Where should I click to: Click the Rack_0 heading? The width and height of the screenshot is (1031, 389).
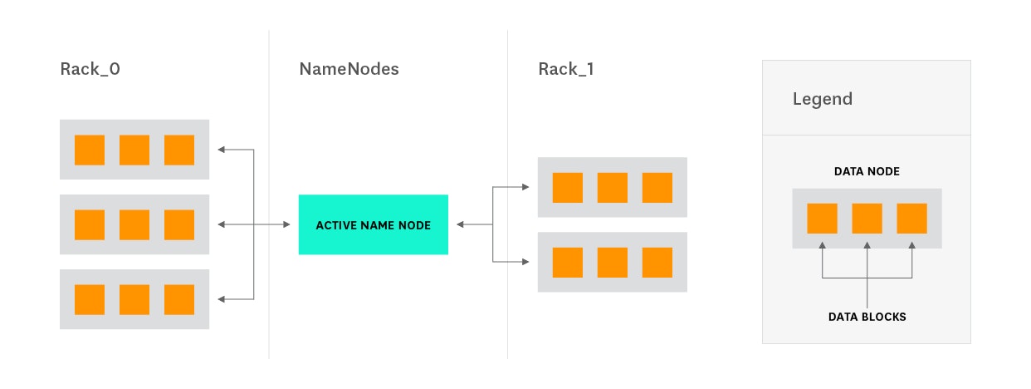(90, 69)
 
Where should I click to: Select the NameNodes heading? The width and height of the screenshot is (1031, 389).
(349, 69)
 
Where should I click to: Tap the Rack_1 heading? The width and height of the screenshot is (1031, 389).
(565, 69)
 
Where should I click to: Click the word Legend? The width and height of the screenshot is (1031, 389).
(822, 99)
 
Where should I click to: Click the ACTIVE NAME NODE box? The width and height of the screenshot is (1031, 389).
(373, 224)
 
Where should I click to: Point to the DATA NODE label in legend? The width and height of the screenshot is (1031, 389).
(866, 171)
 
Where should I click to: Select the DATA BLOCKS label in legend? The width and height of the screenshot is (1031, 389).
(866, 317)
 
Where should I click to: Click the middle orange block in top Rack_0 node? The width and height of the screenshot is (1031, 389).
(134, 150)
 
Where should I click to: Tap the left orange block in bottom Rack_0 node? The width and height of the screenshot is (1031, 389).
(90, 299)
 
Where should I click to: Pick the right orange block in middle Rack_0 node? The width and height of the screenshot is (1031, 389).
(179, 224)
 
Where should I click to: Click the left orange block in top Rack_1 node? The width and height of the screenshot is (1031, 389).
(568, 187)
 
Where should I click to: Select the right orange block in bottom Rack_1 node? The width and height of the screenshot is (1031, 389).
(657, 262)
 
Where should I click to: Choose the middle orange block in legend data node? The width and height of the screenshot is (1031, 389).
(867, 218)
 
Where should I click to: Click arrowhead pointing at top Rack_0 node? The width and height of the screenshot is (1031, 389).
(221, 150)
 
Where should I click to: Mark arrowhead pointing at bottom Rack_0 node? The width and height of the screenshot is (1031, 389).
(221, 299)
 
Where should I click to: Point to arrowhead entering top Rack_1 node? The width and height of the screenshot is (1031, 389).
(525, 187)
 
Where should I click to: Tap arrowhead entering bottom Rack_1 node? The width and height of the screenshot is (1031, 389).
(525, 262)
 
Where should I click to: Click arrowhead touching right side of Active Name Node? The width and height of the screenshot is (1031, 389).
(460, 224)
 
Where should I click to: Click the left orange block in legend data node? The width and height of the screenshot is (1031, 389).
(822, 218)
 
